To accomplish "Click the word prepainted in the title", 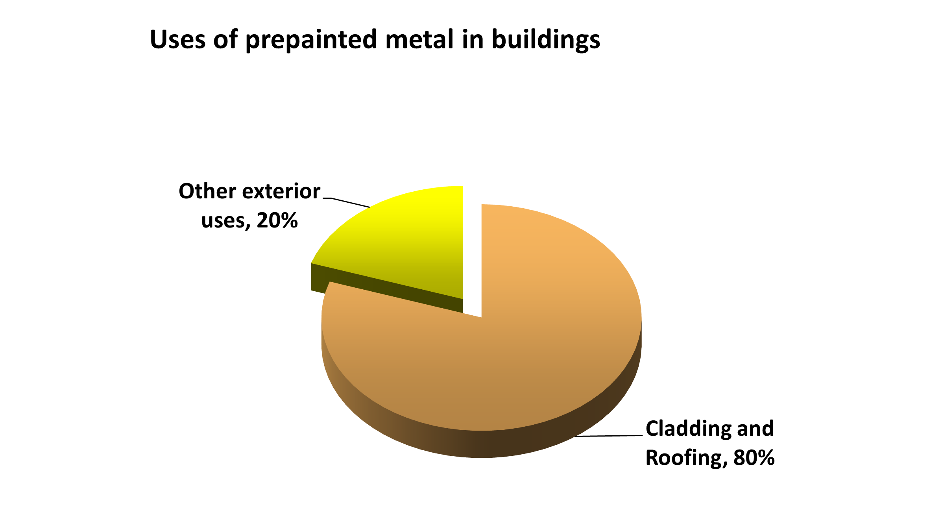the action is click(x=311, y=41).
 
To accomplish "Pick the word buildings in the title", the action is click(x=546, y=41).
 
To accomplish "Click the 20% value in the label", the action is click(x=277, y=220).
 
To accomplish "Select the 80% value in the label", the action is click(x=754, y=458).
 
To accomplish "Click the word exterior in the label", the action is click(x=281, y=191).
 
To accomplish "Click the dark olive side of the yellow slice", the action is click(x=386, y=289).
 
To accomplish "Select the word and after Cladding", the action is click(x=755, y=429).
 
